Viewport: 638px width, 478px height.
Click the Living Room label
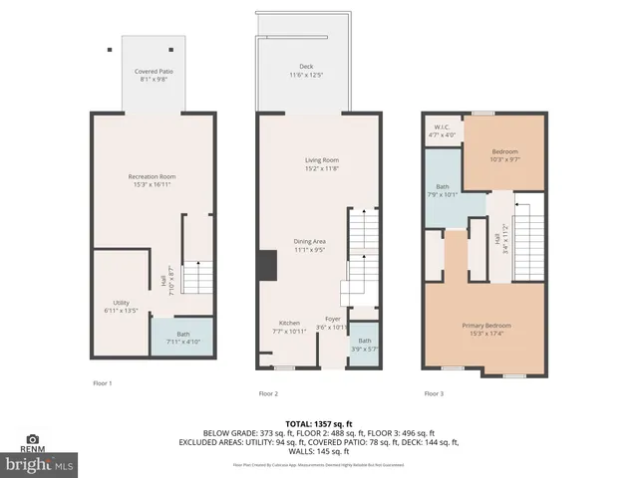[x=322, y=163]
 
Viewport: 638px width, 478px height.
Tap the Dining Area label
[x=309, y=244]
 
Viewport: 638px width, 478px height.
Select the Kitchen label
[x=289, y=327]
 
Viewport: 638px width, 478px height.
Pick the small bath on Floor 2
[x=365, y=345]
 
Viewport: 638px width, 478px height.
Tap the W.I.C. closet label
[x=442, y=130]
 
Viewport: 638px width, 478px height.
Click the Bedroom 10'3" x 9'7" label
[x=504, y=154]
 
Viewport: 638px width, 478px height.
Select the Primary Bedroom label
[x=484, y=330]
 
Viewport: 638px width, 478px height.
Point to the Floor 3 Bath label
[x=443, y=190]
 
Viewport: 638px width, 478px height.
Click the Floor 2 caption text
[x=268, y=393]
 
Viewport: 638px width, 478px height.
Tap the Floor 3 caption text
[x=434, y=393]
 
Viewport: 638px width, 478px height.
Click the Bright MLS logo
[x=40, y=464]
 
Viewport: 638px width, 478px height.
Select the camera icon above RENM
[x=33, y=439]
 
